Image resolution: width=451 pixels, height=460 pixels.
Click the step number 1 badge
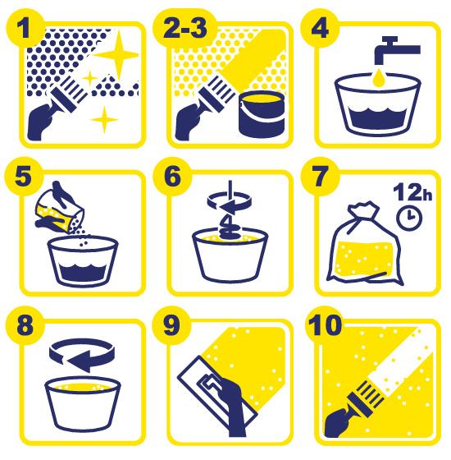pos(25,29)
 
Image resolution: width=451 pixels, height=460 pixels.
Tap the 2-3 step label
pos(185,29)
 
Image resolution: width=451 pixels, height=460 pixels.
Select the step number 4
pos(320,29)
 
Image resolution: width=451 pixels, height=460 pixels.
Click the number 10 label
pos(325,325)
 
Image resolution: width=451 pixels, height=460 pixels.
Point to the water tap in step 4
pos(395,49)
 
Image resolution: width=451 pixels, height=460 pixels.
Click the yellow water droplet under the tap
pos(380,78)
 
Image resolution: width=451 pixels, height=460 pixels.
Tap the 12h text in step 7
pos(412,192)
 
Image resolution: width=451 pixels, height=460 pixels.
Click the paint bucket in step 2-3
pos(262,114)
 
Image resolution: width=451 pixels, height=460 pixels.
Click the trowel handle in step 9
pos(208,384)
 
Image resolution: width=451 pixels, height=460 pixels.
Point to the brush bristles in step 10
pos(370,393)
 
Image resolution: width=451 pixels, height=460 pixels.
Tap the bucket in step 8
pos(83,405)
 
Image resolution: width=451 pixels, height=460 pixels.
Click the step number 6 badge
pos(172,177)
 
